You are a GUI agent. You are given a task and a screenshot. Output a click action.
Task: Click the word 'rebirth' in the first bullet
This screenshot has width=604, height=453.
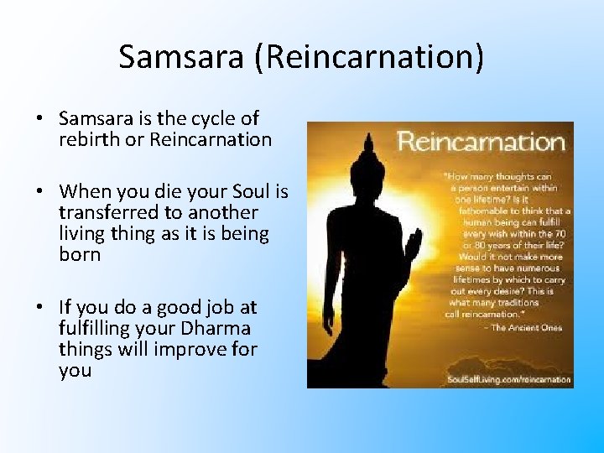[x=89, y=139]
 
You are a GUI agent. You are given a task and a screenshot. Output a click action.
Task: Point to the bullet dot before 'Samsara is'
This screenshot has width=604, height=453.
[x=39, y=119]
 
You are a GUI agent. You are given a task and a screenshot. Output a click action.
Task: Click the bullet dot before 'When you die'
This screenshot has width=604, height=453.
[x=39, y=192]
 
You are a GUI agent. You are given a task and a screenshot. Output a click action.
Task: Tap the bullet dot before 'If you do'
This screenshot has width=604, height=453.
[x=39, y=308]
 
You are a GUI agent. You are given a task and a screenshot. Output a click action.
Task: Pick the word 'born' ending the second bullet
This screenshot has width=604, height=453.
[x=80, y=254]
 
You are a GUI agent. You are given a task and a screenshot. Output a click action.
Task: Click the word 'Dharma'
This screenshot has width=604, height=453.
[x=220, y=328]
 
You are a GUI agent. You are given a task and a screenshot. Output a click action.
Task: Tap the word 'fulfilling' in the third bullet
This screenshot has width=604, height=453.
[x=97, y=328]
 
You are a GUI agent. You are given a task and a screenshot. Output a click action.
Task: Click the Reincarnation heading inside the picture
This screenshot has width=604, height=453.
[x=481, y=141]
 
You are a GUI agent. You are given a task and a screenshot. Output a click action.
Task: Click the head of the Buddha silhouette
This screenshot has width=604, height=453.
[x=367, y=159]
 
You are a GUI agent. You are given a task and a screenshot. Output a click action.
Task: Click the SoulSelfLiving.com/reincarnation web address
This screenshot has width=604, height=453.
[x=508, y=379]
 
